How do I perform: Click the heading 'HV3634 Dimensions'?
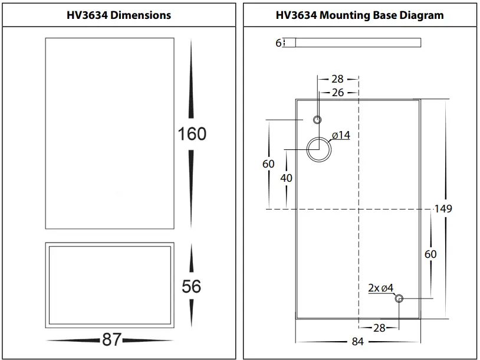[x=120, y=15]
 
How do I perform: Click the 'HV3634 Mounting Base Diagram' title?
[x=359, y=15]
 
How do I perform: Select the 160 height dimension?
[x=192, y=134]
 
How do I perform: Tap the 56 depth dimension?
[x=192, y=286]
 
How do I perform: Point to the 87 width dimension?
[x=111, y=339]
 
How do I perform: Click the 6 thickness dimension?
[x=278, y=42]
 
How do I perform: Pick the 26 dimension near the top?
[x=338, y=93]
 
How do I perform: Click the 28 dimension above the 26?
[x=337, y=78]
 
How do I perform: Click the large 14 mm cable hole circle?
[x=318, y=148]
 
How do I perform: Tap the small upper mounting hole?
[x=317, y=120]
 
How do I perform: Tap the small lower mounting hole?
[x=399, y=299]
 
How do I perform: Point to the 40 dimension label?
[x=287, y=178]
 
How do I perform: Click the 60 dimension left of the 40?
[x=268, y=163]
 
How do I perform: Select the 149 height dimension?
[x=443, y=208]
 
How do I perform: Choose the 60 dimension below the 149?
[x=431, y=254]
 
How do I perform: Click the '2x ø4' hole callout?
[x=380, y=288]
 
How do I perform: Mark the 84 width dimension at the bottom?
[x=359, y=342]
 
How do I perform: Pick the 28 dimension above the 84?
[x=379, y=328]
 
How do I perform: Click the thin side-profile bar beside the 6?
[x=358, y=42]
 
